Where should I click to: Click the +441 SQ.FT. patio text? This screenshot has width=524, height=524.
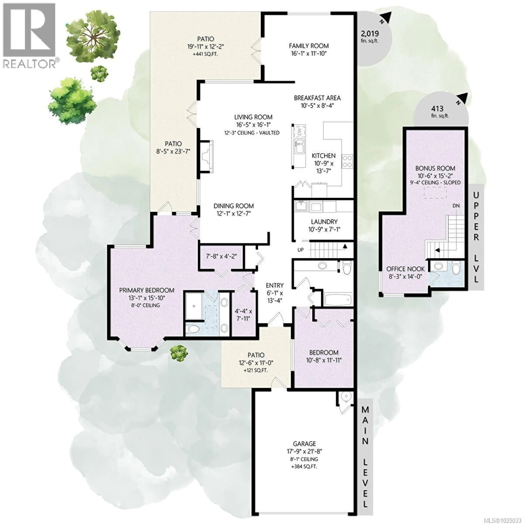click(205, 54)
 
